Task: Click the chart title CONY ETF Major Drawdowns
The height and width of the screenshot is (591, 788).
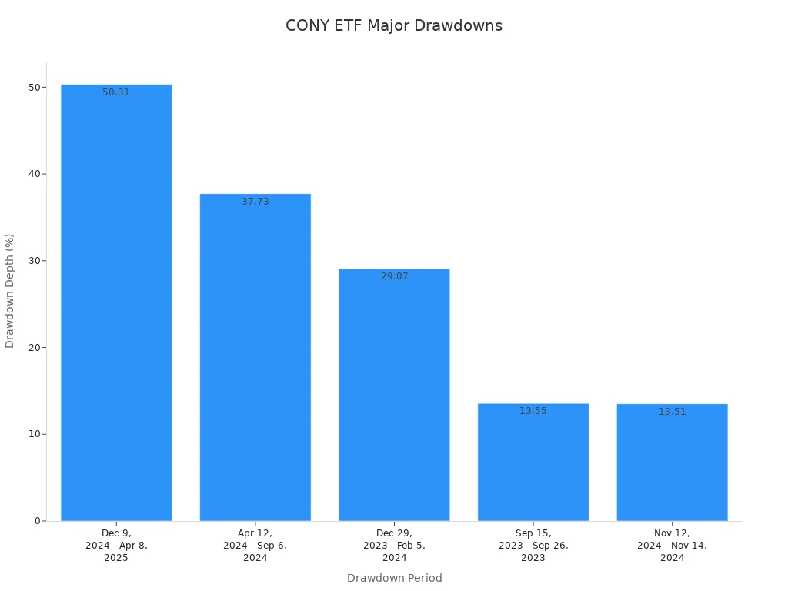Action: (x=394, y=25)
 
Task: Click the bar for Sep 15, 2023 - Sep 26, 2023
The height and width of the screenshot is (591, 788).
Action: (x=533, y=462)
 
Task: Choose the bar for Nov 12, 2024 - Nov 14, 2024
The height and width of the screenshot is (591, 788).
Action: (x=672, y=462)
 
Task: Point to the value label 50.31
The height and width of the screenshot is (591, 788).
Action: (x=116, y=92)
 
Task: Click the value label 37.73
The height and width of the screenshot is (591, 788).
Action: (x=255, y=202)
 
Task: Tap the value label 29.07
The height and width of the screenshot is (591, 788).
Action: (x=394, y=276)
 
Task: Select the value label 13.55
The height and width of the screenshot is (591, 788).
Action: (x=533, y=411)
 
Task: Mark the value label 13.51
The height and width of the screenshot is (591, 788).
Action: (x=672, y=412)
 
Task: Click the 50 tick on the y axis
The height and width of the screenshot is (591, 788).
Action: (x=35, y=87)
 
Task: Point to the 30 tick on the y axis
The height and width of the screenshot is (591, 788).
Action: (x=35, y=261)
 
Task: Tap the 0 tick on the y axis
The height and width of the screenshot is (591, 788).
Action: (x=37, y=521)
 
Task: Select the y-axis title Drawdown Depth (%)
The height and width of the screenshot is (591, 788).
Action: (x=10, y=291)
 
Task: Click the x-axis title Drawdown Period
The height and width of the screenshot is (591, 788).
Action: (x=394, y=578)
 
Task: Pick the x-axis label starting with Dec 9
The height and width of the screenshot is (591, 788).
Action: (x=116, y=546)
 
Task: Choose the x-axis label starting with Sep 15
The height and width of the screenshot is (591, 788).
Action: (x=533, y=546)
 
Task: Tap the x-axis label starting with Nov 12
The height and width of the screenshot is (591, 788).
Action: (x=672, y=546)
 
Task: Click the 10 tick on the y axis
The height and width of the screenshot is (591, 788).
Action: (x=35, y=434)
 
